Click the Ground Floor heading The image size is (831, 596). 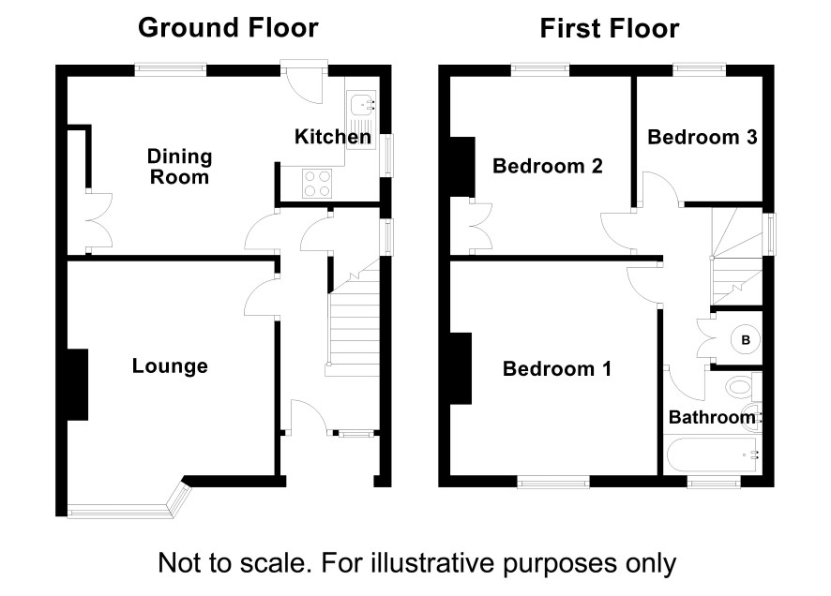click(x=228, y=27)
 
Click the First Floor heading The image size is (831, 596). click(x=610, y=28)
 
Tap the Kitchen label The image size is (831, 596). click(x=333, y=137)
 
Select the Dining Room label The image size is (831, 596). click(x=179, y=167)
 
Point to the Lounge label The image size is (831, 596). click(x=170, y=365)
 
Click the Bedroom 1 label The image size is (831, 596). click(x=557, y=368)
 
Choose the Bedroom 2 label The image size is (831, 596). click(x=548, y=166)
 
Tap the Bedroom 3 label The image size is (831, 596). click(x=703, y=137)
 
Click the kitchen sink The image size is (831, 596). click(x=361, y=119)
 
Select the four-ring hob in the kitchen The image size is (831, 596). click(x=317, y=183)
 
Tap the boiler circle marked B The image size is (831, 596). click(x=745, y=340)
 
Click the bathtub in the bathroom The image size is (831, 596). click(x=712, y=454)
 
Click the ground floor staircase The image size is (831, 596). click(x=354, y=318)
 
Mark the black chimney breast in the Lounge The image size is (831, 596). click(x=77, y=384)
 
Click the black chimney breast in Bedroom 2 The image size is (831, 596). click(x=461, y=167)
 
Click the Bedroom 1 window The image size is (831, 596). click(x=553, y=481)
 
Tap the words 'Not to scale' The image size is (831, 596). click(x=234, y=562)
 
